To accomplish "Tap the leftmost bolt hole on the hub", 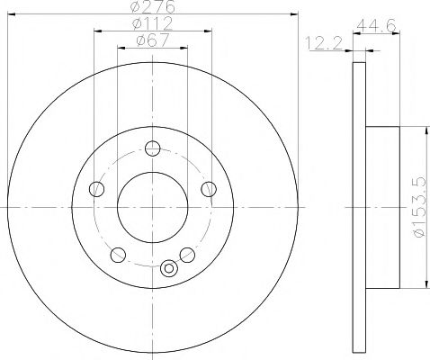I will coord(98,188).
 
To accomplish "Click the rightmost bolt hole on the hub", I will coord(209,188).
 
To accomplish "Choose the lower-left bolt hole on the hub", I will coord(119,254).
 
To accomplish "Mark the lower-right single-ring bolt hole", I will coord(187,254).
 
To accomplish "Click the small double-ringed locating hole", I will coord(170,267).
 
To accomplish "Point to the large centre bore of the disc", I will coord(153,206).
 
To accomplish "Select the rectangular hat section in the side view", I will coord(381,208).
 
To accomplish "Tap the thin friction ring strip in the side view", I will coord(359,206).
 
